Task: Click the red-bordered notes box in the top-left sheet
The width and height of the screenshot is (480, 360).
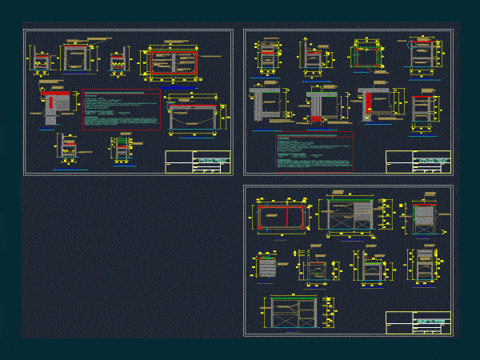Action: [120, 110]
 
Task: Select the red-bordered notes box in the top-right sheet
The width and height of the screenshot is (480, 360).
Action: [313, 151]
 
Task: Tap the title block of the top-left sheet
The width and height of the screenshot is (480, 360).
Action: [198, 162]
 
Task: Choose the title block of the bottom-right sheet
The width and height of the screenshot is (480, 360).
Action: [418, 323]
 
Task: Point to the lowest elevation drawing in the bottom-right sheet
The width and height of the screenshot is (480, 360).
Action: [295, 313]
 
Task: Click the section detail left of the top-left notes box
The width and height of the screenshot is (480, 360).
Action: [56, 104]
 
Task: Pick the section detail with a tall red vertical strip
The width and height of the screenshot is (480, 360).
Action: [368, 103]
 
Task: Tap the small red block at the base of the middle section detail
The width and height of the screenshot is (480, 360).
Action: [317, 118]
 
